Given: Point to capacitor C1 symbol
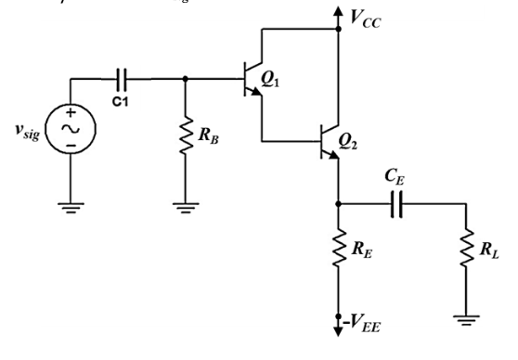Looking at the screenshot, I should point(122,79).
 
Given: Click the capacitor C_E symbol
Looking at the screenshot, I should point(395,203).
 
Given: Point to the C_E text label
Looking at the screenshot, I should point(395,174).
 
